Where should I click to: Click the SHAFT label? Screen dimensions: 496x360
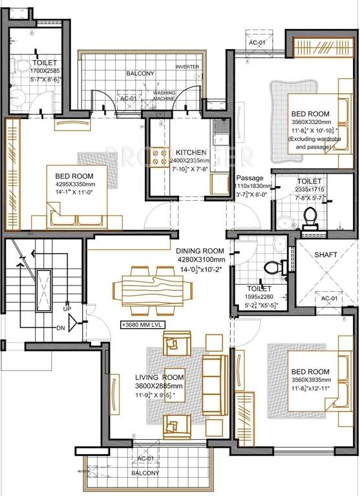326,255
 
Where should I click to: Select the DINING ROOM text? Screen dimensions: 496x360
200,251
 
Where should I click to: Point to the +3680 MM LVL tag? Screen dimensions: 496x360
143,325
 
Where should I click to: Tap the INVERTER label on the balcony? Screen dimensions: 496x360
187,67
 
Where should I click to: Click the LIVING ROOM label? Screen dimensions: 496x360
160,377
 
